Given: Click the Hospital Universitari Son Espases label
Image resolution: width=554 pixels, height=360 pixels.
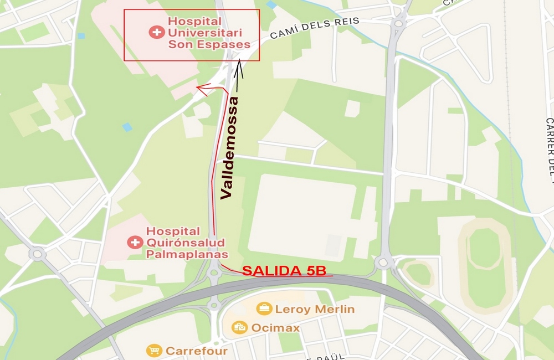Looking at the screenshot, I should [208, 32].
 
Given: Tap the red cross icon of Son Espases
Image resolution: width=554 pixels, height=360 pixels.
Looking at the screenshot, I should [157, 32].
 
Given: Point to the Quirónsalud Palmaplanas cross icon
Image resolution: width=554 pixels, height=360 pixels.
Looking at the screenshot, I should [135, 242].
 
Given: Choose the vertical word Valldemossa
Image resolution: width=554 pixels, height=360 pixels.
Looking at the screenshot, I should [231, 147].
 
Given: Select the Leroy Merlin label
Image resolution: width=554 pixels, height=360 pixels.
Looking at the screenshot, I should [314, 309].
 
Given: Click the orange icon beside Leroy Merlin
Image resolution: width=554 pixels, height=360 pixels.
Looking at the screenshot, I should [264, 308].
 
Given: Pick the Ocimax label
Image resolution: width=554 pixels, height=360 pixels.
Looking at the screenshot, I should [275, 328].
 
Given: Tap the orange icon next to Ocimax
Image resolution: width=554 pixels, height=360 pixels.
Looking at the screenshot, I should [239, 327].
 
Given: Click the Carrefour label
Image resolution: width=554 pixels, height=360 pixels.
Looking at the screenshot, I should [197, 351].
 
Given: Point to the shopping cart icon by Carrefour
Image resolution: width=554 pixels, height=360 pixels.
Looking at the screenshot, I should [154, 351].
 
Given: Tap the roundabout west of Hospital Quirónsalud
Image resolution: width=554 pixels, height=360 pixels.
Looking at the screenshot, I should [37, 254].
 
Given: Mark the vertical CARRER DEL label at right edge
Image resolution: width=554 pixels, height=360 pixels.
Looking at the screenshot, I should [549, 147].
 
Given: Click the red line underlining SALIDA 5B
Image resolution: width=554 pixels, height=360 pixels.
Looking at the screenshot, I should [288, 276].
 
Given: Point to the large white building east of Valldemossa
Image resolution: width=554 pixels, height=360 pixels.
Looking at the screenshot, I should [302, 216].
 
